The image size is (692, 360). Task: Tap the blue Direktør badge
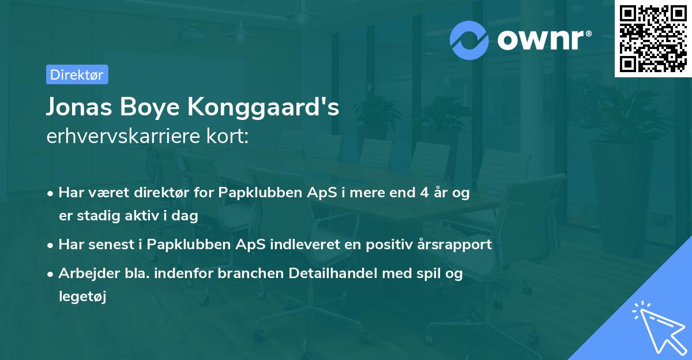click(77, 74)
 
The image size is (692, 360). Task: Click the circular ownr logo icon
click(469, 40)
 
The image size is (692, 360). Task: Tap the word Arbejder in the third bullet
click(85, 274)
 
